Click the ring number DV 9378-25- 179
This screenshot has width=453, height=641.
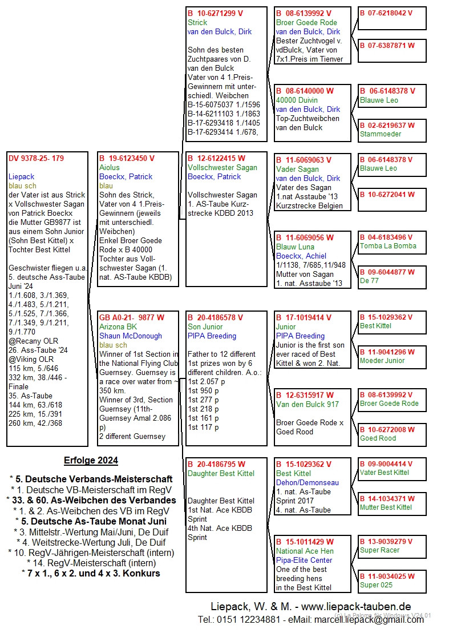point(36,159)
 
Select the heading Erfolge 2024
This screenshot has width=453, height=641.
point(91,461)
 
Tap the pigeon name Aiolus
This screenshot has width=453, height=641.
point(110,168)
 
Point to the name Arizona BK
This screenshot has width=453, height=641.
point(118,327)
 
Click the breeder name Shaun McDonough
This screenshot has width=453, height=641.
point(131,336)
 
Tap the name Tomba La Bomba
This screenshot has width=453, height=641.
point(388,246)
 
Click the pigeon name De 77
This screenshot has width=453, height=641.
point(369,281)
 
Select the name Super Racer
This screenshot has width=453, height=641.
point(379,550)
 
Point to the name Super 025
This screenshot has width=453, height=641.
point(376,585)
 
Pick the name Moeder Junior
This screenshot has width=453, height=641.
point(382,361)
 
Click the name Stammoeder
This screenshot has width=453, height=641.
point(381,134)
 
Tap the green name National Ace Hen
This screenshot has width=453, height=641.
point(305,551)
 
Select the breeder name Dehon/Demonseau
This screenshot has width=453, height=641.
point(307,483)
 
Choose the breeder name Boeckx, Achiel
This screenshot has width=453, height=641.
point(301,256)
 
